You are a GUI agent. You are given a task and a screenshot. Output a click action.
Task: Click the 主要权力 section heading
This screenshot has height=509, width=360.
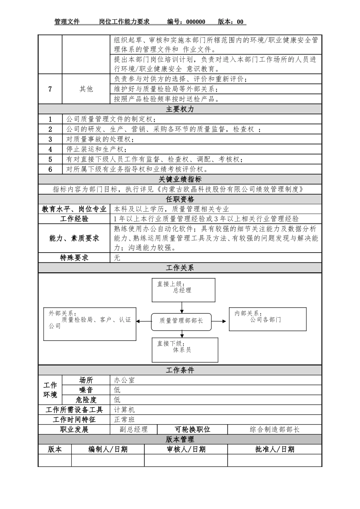(180, 109)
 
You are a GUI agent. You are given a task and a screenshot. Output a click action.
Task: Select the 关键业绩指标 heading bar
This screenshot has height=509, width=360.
(180, 180)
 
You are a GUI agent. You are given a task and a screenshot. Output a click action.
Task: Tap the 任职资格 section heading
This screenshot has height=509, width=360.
(180, 199)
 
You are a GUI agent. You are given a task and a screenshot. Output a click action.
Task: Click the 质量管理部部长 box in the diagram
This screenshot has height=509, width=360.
(182, 321)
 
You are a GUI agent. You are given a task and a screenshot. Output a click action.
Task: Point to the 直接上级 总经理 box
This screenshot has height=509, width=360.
(183, 290)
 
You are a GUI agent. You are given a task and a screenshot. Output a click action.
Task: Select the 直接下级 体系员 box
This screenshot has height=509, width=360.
(185, 350)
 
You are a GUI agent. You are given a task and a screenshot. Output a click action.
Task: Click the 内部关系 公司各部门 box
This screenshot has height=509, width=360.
(268, 319)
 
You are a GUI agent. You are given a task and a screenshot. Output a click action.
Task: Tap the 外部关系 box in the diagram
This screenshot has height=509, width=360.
(89, 323)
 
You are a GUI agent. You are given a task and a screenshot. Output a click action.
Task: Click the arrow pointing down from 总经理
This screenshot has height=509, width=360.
(182, 307)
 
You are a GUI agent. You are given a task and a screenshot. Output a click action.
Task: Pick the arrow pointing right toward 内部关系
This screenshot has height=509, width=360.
(220, 321)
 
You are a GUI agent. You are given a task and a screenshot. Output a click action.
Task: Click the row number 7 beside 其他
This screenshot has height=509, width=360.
(50, 89)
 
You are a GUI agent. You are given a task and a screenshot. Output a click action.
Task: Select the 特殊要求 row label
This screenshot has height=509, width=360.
(74, 258)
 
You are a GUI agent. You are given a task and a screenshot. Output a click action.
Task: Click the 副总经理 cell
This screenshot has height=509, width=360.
(133, 429)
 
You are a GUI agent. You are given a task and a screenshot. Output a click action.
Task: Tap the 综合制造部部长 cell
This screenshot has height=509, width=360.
(274, 429)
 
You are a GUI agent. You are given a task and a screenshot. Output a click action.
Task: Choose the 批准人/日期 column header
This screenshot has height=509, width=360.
(274, 450)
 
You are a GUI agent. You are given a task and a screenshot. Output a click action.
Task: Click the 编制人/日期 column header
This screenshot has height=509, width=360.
(108, 450)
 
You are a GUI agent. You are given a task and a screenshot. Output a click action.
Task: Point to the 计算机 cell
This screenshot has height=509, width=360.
(124, 410)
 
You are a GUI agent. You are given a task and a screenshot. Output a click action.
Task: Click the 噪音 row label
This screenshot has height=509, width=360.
(86, 390)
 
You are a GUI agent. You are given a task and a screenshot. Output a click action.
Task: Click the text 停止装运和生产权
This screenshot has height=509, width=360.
(97, 149)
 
